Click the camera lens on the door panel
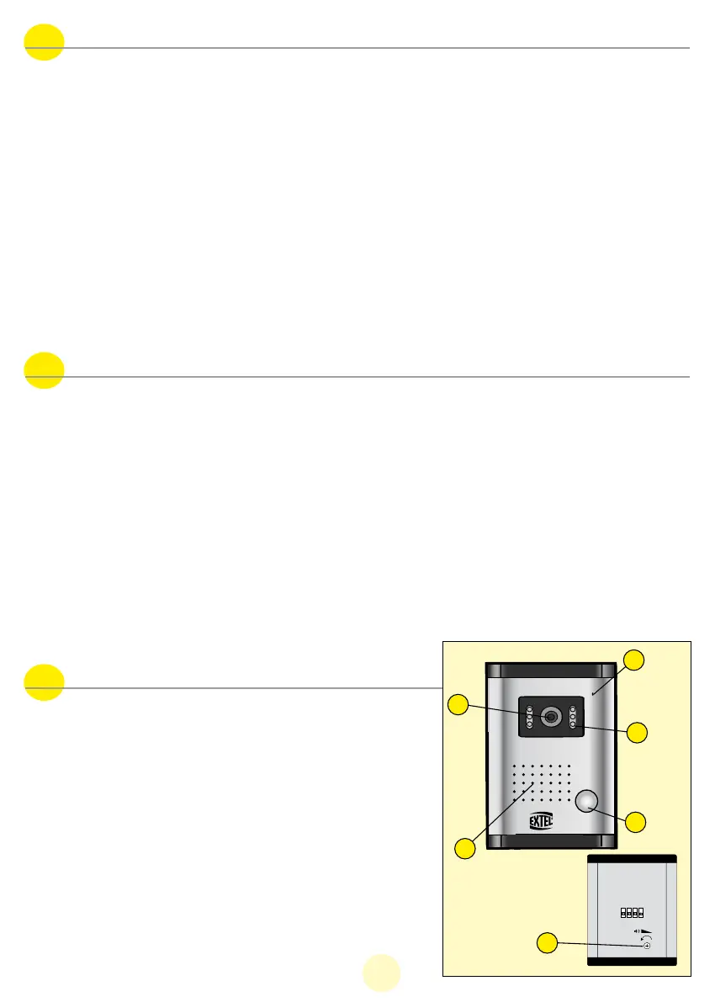click(x=551, y=716)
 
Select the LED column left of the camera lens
click(x=529, y=716)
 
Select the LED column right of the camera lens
click(x=573, y=716)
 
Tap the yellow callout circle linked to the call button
click(x=637, y=824)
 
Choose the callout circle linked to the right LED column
click(x=637, y=732)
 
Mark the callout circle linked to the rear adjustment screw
click(x=547, y=945)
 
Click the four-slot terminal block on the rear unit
click(x=632, y=912)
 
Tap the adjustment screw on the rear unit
click(x=647, y=946)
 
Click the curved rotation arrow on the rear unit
click(x=646, y=937)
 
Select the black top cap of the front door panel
click(x=551, y=671)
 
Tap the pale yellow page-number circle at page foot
click(x=381, y=973)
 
